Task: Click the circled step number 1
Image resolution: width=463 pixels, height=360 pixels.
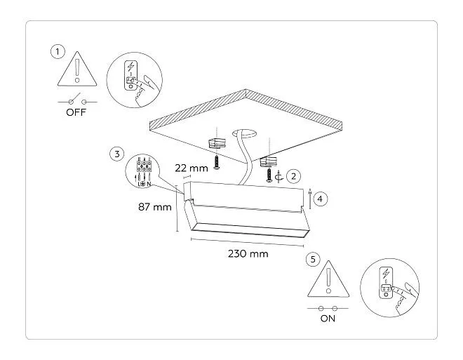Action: [x=58, y=52]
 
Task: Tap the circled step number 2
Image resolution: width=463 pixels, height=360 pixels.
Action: [x=293, y=176]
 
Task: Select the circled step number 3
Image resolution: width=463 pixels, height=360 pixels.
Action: [x=117, y=154]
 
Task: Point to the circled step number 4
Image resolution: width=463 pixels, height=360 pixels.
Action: [x=321, y=199]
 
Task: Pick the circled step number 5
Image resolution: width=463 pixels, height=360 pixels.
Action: [x=314, y=259]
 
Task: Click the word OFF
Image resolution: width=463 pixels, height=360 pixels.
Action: [x=76, y=112]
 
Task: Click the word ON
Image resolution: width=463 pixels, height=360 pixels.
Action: [x=328, y=319]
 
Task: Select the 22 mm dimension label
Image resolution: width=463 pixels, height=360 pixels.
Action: [x=192, y=168]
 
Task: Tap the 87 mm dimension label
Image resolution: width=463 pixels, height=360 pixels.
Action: [x=155, y=207]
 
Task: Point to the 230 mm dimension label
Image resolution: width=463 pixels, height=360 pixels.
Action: [x=248, y=253]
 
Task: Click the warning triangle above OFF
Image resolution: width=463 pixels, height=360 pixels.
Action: [x=77, y=69]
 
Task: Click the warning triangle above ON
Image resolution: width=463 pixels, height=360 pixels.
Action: [x=328, y=279]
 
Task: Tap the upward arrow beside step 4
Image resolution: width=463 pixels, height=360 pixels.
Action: [x=310, y=198]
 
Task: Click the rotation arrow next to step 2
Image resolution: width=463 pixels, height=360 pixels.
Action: [x=279, y=177]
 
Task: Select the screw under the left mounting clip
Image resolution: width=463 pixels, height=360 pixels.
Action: [x=217, y=163]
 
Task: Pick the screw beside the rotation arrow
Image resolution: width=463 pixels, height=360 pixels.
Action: [x=269, y=175]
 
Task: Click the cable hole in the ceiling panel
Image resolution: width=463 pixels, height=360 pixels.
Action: [x=244, y=134]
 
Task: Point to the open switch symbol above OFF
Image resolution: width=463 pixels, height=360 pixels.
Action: [x=77, y=100]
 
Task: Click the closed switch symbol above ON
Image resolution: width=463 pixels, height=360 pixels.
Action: [x=328, y=309]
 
